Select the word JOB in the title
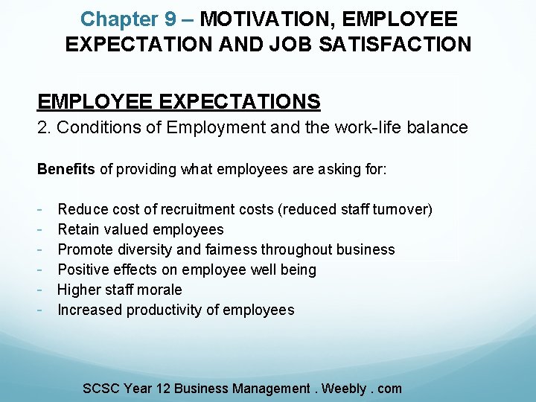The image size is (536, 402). point(287,44)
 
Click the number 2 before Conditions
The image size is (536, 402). point(42,127)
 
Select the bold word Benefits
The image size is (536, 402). point(66,169)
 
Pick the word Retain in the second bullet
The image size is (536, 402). point(80,229)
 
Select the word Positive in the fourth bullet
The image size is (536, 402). point(83,269)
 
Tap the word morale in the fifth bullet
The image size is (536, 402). point(159,290)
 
